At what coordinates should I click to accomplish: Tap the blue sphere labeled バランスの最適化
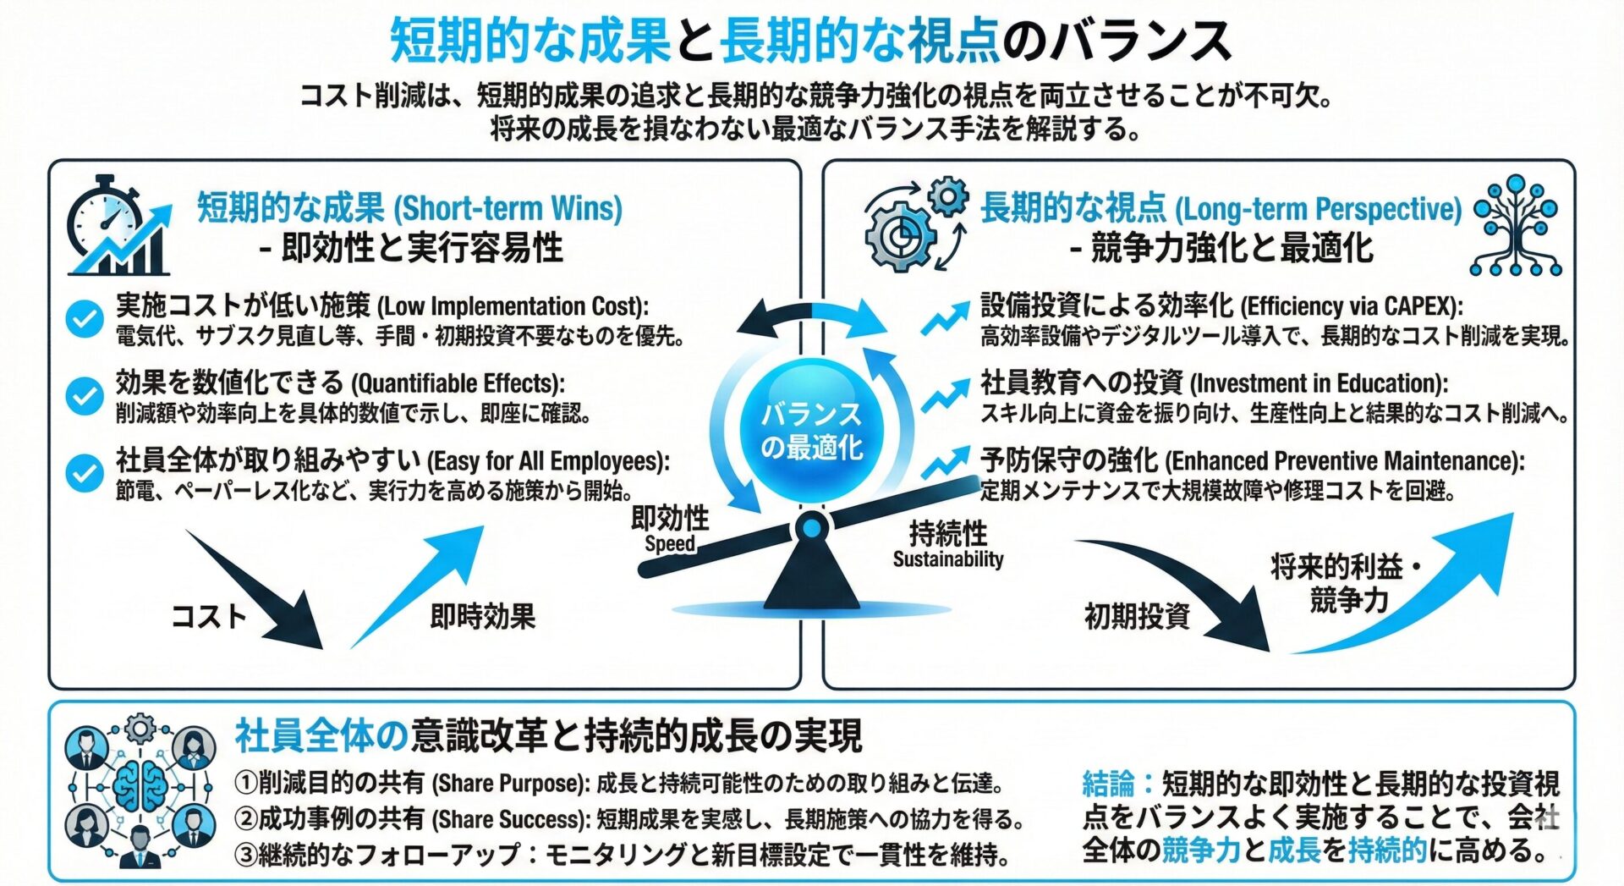811,430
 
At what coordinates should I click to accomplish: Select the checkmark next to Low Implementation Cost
85,319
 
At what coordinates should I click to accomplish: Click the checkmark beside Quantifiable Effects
85,396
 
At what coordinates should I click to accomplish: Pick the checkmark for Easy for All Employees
85,473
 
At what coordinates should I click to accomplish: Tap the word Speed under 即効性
669,544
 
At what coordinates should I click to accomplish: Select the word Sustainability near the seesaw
947,559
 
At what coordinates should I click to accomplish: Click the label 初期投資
1137,616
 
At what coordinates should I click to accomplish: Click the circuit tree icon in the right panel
1516,226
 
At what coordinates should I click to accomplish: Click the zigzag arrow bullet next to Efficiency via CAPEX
945,319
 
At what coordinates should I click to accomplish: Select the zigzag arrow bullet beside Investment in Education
945,395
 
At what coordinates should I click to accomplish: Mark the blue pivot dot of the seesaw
812,529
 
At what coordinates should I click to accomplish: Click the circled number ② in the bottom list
245,819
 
